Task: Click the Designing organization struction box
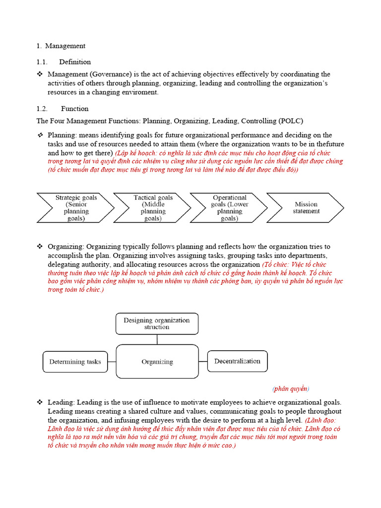click(x=157, y=323)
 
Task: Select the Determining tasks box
click(x=75, y=362)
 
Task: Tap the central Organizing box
click(x=157, y=362)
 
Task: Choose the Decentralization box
click(x=237, y=361)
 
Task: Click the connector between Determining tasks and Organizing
click(x=112, y=362)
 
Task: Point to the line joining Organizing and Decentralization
click(x=203, y=361)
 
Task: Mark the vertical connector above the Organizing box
click(x=157, y=340)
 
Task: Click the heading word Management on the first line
click(x=65, y=46)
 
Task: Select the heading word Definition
click(x=75, y=62)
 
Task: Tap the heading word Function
click(x=75, y=109)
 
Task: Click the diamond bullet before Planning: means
click(x=40, y=135)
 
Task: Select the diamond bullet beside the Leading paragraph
click(x=40, y=402)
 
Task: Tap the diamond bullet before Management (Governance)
click(x=40, y=74)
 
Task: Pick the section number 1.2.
click(x=42, y=109)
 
